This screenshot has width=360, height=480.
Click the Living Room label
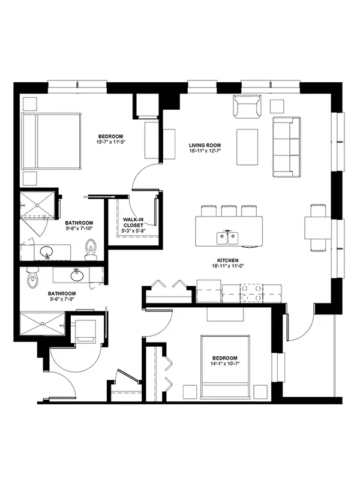205,145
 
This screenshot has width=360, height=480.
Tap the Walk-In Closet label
133,222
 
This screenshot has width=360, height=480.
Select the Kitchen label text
228,260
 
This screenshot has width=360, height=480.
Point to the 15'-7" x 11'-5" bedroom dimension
110,142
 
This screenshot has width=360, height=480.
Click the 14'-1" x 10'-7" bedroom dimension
225,364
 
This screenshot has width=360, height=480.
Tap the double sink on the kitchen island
227,238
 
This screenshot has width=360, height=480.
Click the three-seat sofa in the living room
287,147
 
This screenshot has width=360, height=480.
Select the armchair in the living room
248,106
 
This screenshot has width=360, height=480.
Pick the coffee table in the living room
247,147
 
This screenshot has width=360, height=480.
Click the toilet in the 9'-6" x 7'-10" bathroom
91,249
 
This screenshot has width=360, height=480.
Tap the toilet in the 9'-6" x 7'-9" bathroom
33,278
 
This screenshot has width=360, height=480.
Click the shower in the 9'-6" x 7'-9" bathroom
42,323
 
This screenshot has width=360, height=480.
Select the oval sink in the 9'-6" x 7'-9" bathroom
77,275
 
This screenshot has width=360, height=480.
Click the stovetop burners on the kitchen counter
251,293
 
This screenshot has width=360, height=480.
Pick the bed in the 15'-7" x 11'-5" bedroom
52,141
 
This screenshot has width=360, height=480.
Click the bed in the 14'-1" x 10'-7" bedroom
225,367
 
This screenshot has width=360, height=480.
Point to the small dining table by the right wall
318,228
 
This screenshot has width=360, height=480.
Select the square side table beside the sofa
277,107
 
